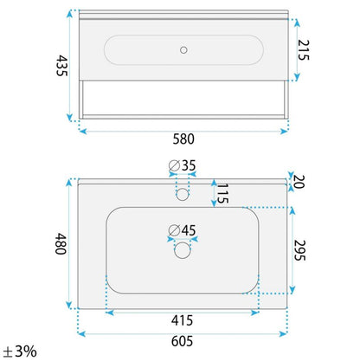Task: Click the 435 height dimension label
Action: (61, 66)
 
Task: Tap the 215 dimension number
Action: (304, 50)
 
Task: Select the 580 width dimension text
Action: (183, 139)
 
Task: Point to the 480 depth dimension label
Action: (61, 244)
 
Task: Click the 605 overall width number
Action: (182, 341)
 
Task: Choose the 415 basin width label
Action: (182, 320)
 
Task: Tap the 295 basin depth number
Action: (299, 250)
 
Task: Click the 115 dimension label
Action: (222, 193)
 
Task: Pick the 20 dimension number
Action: (299, 182)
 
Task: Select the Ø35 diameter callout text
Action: (183, 165)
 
